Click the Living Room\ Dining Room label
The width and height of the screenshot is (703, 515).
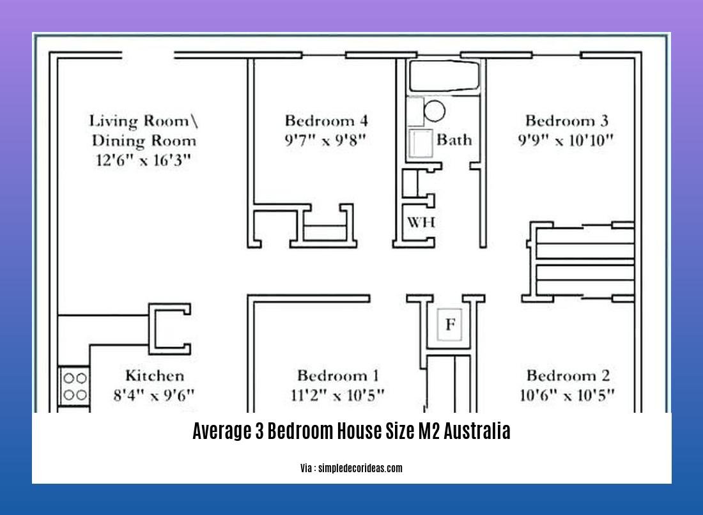tap(143, 130)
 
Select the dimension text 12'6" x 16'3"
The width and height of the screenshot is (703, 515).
tap(143, 160)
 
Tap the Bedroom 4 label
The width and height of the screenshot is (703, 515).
tap(326, 120)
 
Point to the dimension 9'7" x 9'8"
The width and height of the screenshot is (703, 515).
tap(326, 141)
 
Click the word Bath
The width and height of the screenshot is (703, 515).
tap(454, 139)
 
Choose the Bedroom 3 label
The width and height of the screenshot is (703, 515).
tap(566, 120)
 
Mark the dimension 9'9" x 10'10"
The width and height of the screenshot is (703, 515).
tap(566, 141)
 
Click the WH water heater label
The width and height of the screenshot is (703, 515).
tap(421, 222)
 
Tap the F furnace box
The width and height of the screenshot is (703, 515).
tap(450, 325)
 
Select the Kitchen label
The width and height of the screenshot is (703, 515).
tap(154, 376)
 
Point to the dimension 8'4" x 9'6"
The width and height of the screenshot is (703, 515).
tap(154, 396)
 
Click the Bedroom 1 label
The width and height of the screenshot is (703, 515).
tap(337, 376)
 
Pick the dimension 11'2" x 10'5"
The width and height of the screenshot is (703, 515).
tap(337, 396)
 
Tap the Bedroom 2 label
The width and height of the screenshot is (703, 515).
tap(568, 376)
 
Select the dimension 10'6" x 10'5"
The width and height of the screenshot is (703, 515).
tap(568, 396)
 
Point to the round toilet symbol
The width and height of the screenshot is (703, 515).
tap(435, 111)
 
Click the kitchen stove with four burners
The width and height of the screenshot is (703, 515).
tap(73, 386)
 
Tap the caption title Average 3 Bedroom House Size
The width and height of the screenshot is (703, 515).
tap(351, 432)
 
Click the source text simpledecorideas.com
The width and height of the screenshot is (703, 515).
tap(351, 468)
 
